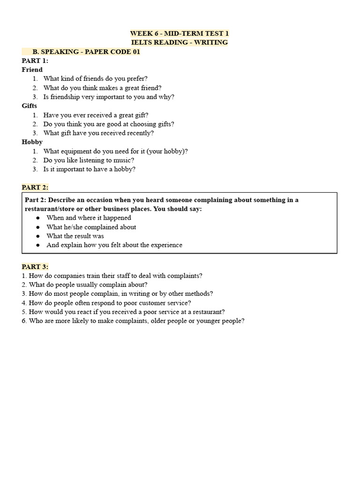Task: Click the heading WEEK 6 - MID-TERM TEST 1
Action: coord(180,33)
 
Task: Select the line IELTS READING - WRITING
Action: coord(180,42)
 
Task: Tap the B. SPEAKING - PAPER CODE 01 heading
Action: coord(86,52)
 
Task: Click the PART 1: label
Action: coord(35,60)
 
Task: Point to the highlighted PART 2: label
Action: coord(35,187)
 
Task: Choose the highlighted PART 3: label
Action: coord(35,267)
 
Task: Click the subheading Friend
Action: coord(32,69)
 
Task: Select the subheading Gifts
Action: coord(29,105)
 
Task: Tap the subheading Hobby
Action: coord(32,142)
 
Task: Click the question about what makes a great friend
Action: coord(102,88)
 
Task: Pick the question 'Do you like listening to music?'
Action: coord(89,160)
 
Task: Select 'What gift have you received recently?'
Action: coord(98,133)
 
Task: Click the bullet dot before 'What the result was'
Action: coord(38,236)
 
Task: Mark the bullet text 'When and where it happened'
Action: coord(89,217)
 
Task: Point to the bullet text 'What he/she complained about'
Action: coord(91,227)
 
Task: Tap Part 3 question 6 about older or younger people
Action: coord(133,321)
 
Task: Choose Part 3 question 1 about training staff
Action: coord(112,276)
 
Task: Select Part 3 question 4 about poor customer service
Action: coord(106,302)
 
